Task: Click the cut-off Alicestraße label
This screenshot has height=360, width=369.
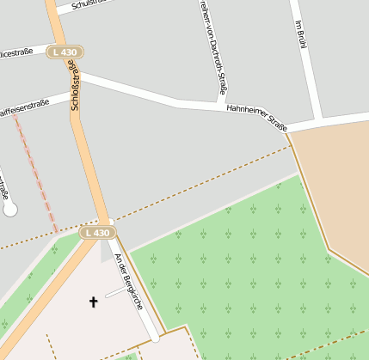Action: pos(15,52)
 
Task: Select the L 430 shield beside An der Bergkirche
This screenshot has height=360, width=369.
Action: pos(97,233)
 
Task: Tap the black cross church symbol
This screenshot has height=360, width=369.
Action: pos(93,302)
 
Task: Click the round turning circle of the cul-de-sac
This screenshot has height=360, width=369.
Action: pos(10,208)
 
